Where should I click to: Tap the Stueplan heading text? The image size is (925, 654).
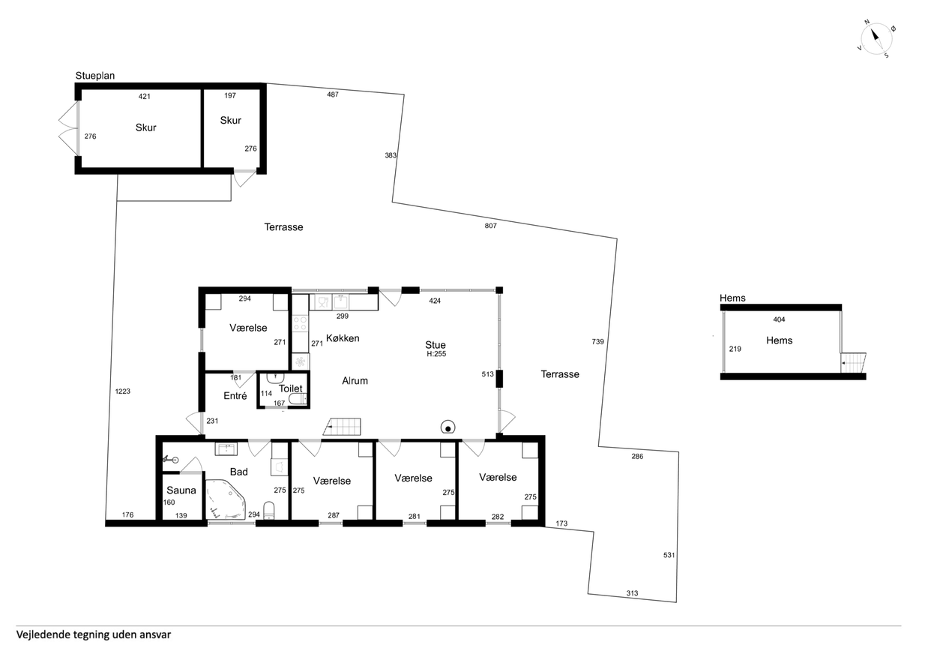95,76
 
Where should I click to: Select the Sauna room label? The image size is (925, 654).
181,490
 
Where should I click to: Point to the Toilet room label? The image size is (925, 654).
290,388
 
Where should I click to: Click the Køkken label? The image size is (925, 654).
343,338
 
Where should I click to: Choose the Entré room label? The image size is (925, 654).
235,396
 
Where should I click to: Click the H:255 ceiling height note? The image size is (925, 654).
436,354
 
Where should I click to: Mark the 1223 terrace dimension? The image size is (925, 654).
123,391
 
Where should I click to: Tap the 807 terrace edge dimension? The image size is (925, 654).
490,226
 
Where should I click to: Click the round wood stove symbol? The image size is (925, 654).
448,427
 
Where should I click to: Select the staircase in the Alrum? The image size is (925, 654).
343,426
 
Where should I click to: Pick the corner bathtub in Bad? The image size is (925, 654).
226,499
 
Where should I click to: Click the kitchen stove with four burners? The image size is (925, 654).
300,323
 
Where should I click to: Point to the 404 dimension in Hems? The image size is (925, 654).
779,319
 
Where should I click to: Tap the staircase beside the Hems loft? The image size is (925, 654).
854,362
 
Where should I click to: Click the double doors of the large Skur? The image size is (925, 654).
68,128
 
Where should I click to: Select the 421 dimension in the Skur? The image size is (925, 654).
144,96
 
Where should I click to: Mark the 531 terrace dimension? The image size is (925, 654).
669,555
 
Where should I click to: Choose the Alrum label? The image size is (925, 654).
355,380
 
